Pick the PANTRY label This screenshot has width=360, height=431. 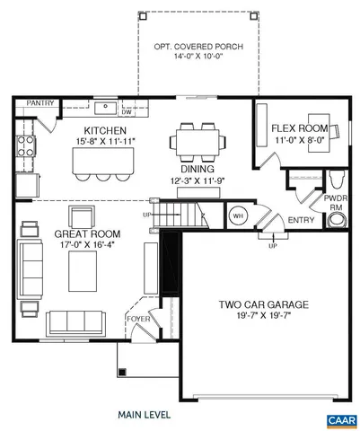point(37,103)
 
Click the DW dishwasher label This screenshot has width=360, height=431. point(126,112)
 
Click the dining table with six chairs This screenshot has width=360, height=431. point(198,141)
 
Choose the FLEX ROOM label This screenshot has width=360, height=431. point(300,128)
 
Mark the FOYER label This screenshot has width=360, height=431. point(137,317)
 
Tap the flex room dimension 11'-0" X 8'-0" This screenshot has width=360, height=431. point(300,140)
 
